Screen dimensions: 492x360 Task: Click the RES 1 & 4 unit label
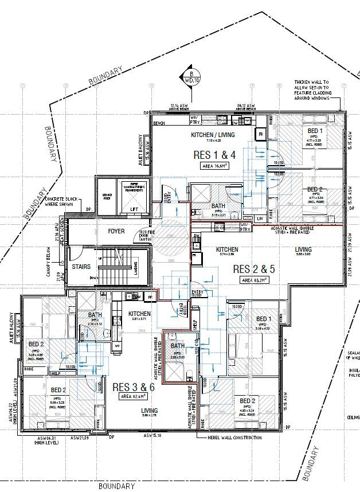click(x=214, y=154)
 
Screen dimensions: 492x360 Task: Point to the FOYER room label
click(x=116, y=232)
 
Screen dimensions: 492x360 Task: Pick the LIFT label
click(x=134, y=209)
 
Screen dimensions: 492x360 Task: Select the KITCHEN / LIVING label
click(x=213, y=135)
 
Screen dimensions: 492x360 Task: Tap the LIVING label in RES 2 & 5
click(x=303, y=249)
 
